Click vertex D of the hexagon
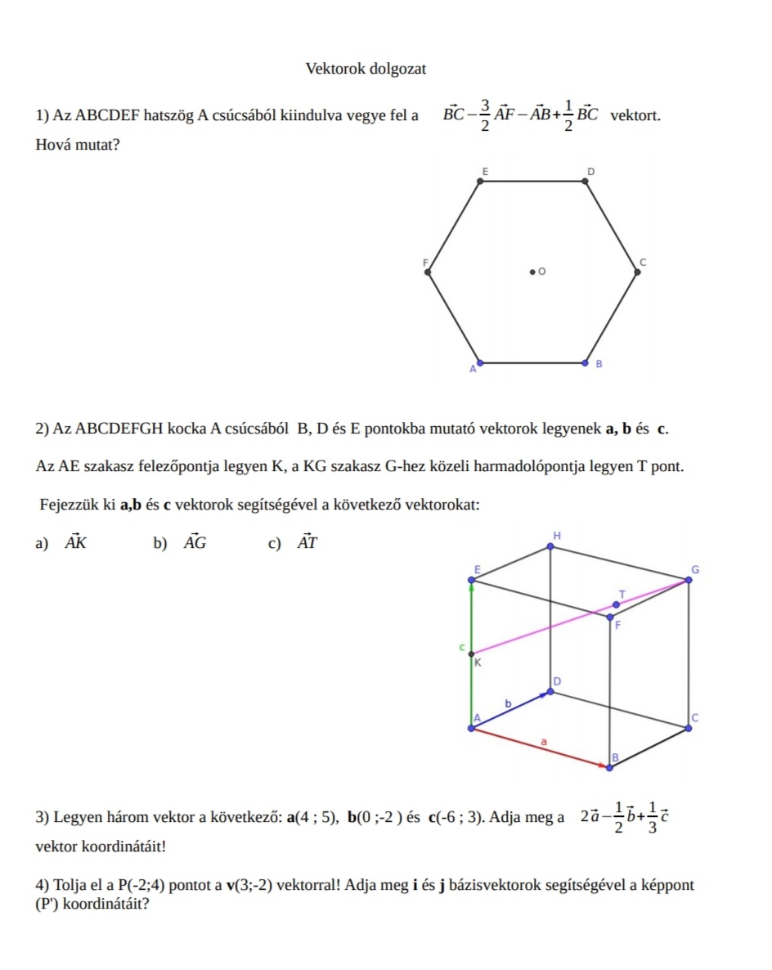586,181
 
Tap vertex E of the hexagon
480,181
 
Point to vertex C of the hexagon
638,273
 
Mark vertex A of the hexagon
480,362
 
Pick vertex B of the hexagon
586,362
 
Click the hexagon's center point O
532,270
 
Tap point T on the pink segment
617,604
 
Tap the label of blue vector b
508,703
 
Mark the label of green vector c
461,647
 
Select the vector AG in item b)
195,542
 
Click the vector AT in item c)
307,542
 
